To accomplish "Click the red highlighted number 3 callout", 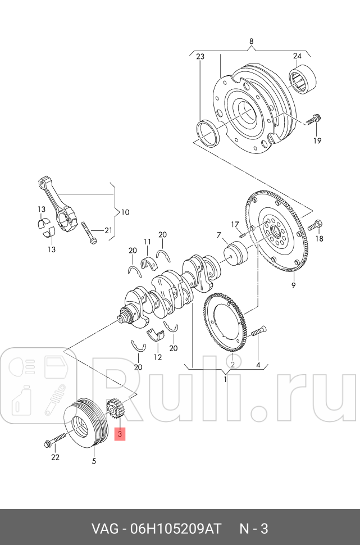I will [120, 434].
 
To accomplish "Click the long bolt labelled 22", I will [56, 440].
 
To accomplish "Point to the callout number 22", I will [55, 457].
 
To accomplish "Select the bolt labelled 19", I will [313, 119].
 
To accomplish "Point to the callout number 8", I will [251, 41].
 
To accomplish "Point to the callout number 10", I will [125, 212].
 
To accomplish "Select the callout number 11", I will [147, 242].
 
